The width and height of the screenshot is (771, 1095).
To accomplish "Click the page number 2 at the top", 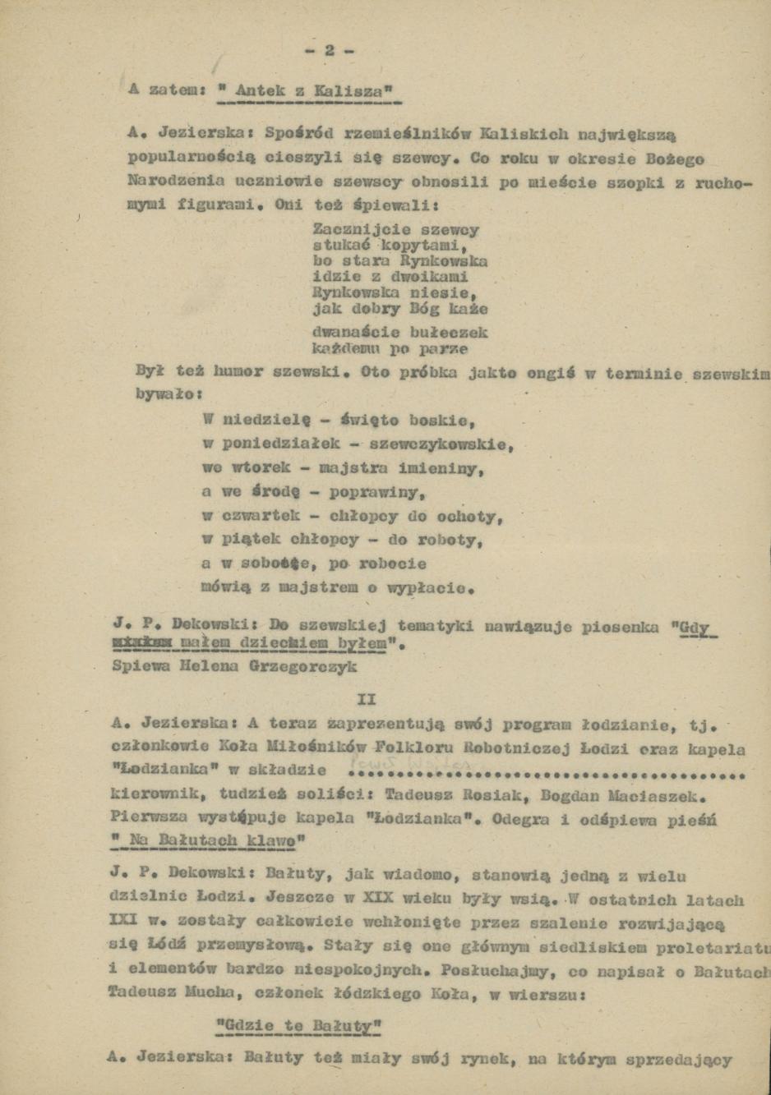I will pyautogui.click(x=329, y=50).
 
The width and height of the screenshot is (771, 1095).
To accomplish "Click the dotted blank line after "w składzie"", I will pyautogui.click(x=547, y=773).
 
